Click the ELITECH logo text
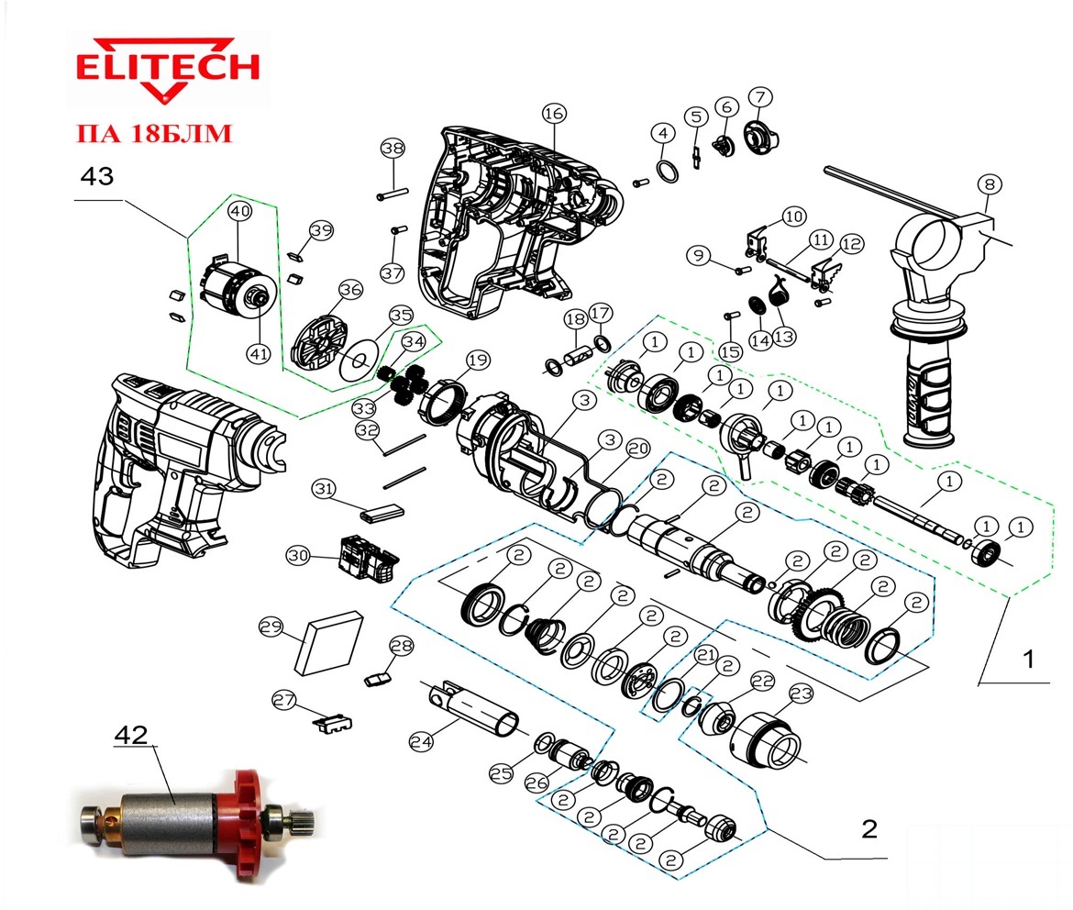pos(168,67)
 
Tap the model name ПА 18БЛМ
pos(154,133)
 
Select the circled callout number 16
pos(554,114)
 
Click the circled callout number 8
pos(989,184)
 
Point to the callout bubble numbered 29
pos(271,627)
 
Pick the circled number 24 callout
pos(422,741)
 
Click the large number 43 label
pos(96,177)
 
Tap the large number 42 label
pos(131,735)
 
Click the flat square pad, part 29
pos(327,641)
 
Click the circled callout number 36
pos(350,290)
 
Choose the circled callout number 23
pos(801,694)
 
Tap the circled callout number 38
pos(393,148)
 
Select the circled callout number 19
pos(478,361)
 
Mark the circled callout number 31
pos(324,488)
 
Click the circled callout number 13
pos(783,337)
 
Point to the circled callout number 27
pos(284,701)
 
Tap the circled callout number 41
pos(258,354)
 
